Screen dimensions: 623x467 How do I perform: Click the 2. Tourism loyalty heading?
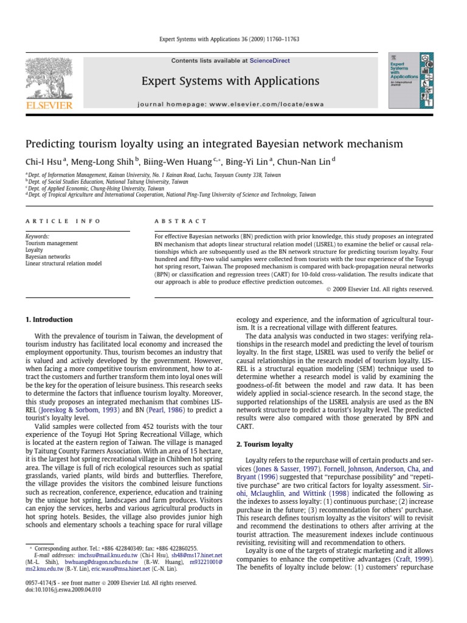point(265,445)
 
